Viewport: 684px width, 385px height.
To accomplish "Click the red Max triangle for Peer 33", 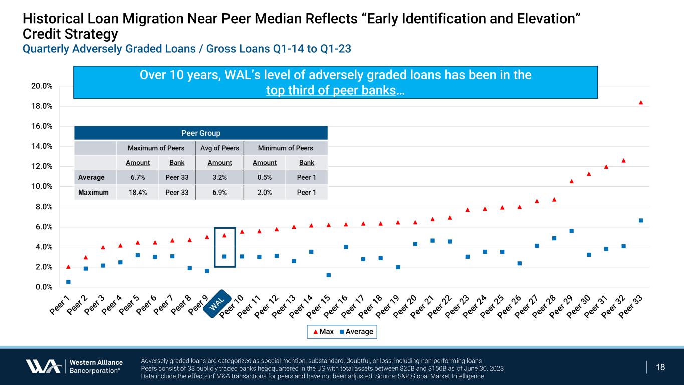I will click(x=641, y=103).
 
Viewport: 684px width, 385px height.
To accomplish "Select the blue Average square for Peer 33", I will click(x=641, y=220).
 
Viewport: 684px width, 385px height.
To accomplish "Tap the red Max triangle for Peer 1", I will click(x=68, y=267).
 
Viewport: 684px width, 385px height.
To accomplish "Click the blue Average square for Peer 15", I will click(x=329, y=275).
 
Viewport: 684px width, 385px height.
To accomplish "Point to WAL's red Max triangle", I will click(x=224, y=236).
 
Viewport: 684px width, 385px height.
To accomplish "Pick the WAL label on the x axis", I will click(x=218, y=303).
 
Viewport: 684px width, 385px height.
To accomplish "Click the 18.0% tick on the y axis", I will click(x=43, y=106).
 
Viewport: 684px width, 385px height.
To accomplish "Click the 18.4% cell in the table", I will click(x=137, y=192).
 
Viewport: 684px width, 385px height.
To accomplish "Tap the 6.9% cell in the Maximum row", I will click(x=219, y=192).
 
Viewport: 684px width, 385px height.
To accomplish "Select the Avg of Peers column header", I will click(x=219, y=148).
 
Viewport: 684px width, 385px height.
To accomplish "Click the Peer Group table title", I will click(x=200, y=133).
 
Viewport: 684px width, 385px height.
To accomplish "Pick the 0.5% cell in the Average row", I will click(x=264, y=177).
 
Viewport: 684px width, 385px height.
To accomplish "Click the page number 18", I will click(x=660, y=367).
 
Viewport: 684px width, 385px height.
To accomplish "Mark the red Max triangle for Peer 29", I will click(x=571, y=181).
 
